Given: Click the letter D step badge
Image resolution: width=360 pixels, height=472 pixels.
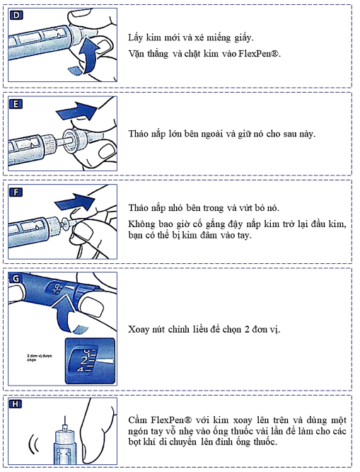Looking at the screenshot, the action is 16,15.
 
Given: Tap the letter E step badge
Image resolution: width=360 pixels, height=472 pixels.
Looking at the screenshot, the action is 16,104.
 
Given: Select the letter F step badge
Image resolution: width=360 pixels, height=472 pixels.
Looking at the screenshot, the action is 16,192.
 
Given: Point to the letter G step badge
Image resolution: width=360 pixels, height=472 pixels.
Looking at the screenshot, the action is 15,279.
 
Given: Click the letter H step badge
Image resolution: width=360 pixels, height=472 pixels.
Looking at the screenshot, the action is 16,403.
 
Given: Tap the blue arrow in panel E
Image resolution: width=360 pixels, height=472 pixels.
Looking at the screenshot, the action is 78,110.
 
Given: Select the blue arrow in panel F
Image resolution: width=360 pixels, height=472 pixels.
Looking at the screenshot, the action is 75,201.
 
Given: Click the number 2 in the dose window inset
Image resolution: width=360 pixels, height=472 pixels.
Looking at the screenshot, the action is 84,360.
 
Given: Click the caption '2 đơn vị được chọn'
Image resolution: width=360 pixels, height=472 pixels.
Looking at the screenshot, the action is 39,357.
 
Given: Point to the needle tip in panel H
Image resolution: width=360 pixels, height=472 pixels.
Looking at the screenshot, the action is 64,416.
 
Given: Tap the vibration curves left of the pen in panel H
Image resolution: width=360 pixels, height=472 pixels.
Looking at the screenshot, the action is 33,444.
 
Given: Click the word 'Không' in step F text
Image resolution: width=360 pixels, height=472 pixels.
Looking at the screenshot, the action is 141,224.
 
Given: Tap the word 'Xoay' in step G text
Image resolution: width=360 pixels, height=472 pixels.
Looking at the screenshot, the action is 139,329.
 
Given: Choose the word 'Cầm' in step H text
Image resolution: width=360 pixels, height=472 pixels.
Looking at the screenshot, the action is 137,420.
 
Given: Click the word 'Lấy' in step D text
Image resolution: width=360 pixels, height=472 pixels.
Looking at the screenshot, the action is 135,38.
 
